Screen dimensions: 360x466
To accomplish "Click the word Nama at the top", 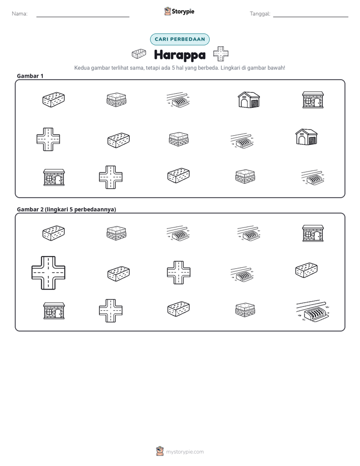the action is pyautogui.click(x=19, y=14).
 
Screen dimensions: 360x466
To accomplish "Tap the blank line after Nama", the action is pyautogui.click(x=83, y=17).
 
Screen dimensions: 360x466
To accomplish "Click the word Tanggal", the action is pyautogui.click(x=260, y=14).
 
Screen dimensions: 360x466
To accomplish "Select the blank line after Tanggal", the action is pyautogui.click(x=311, y=17).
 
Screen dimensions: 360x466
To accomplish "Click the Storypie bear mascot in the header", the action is pyautogui.click(x=167, y=11).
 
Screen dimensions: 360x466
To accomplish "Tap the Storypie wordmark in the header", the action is pyautogui.click(x=183, y=12).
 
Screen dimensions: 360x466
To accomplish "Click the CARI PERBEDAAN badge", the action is pyautogui.click(x=179, y=39).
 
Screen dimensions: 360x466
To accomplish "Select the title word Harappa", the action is pyautogui.click(x=179, y=55).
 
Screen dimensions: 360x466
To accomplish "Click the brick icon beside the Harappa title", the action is pyautogui.click(x=139, y=54).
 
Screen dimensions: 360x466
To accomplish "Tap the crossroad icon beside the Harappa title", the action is pyautogui.click(x=221, y=54).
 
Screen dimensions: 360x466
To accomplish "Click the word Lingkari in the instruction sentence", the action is pyautogui.click(x=230, y=68).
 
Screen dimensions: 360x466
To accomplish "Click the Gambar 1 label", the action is pyautogui.click(x=30, y=76).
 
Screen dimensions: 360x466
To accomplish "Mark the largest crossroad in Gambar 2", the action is pyautogui.click(x=48, y=273).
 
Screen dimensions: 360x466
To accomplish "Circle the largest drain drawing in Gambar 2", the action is pyautogui.click(x=313, y=310).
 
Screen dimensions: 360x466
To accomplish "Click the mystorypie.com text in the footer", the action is pyautogui.click(x=185, y=452).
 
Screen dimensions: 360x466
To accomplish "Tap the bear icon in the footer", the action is pyautogui.click(x=160, y=451).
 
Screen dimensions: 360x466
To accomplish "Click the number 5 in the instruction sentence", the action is pyautogui.click(x=173, y=68).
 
